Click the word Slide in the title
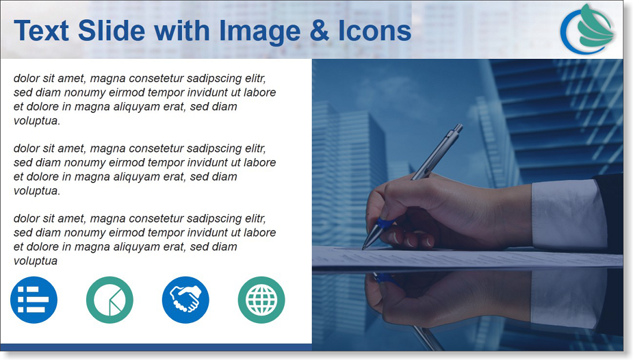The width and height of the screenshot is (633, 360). coord(112,31)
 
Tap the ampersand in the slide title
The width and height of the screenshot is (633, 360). coord(320,31)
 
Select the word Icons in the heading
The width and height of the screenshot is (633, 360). coord(374,31)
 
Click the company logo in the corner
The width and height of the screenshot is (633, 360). coord(587,29)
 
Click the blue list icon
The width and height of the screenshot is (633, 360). coord(34,300)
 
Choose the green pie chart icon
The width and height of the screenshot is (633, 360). coord(109,300)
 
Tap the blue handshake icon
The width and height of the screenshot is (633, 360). coord(185,300)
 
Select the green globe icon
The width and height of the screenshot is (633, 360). coord(261,300)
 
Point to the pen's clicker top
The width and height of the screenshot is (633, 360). coord(458,128)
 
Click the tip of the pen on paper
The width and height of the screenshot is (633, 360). coord(363,248)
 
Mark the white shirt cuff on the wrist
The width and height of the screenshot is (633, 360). coord(569,214)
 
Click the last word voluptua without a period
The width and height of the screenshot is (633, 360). coord(36,261)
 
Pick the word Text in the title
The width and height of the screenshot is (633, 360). coord(42,31)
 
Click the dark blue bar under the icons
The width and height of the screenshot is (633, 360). coord(156,347)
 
